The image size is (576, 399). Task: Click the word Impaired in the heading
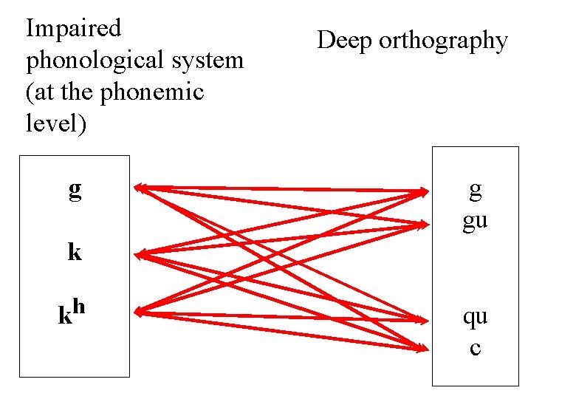73,29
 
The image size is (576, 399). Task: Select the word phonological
98,61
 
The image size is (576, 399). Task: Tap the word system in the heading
213,61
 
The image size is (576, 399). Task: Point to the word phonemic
161,92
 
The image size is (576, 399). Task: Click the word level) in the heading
56,123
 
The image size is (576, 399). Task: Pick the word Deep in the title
345,41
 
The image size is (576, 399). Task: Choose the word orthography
443,42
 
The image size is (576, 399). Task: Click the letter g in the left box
75,191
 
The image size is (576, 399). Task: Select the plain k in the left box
75,253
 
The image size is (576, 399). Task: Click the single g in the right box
475,191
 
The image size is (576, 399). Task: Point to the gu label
475,222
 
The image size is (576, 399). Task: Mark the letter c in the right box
475,347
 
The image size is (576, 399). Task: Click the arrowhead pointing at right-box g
425,192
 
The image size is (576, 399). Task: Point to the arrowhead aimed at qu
425,321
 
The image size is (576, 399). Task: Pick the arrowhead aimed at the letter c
425,347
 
